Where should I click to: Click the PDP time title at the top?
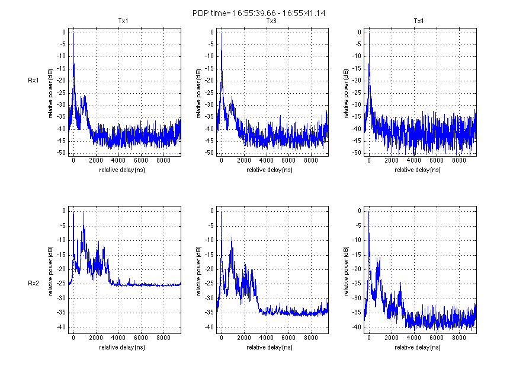(263, 12)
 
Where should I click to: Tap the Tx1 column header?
(123, 21)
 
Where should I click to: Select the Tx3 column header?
(271, 21)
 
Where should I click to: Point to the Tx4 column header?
(419, 21)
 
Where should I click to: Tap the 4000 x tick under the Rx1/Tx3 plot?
(266, 161)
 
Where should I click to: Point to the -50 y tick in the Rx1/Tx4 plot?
(357, 153)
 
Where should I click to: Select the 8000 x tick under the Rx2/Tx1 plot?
(163, 338)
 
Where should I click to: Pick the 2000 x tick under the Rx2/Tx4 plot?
(391, 338)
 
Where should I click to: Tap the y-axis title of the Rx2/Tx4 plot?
(346, 271)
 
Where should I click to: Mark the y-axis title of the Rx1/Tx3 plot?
(198, 93)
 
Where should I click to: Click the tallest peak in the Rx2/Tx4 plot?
(369, 212)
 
